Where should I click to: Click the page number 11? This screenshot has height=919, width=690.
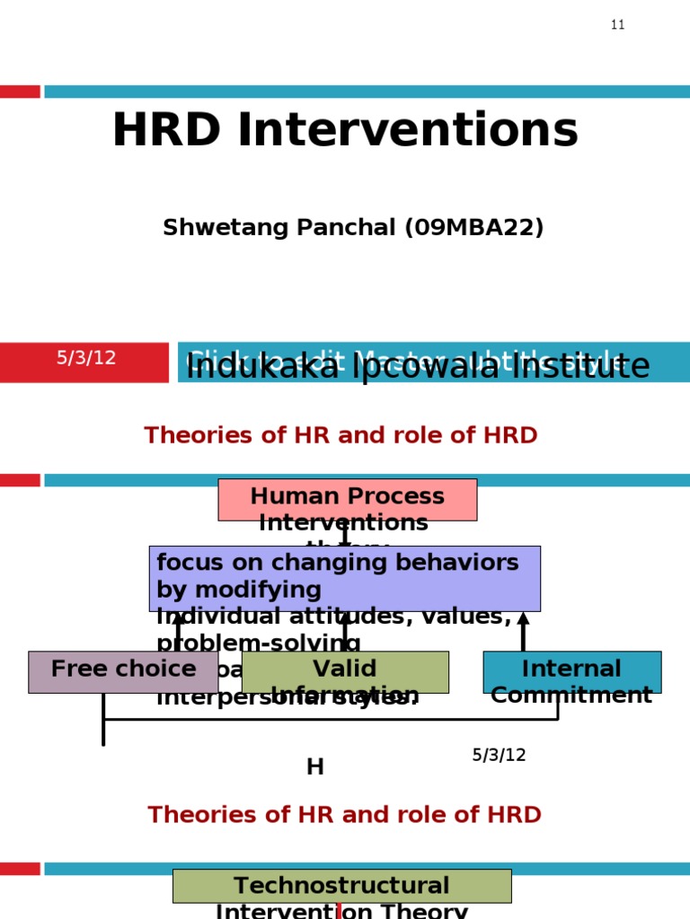pyautogui.click(x=617, y=25)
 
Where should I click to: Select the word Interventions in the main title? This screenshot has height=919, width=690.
pyautogui.click(x=406, y=131)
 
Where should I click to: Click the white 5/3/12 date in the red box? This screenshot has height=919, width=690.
pyautogui.click(x=86, y=358)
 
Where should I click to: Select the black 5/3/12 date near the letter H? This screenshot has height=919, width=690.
pyautogui.click(x=499, y=755)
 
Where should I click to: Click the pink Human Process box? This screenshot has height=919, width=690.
pyautogui.click(x=347, y=499)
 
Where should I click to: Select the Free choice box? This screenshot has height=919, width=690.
pyautogui.click(x=123, y=671)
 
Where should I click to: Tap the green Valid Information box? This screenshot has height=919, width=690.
pyautogui.click(x=345, y=671)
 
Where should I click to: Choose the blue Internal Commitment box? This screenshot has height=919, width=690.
pyautogui.click(x=571, y=671)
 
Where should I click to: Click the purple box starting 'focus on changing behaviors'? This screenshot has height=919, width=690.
pyautogui.click(x=344, y=577)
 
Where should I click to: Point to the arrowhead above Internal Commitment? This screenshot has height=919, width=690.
pyautogui.click(x=523, y=618)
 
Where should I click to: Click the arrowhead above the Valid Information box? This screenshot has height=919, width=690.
pyautogui.click(x=344, y=618)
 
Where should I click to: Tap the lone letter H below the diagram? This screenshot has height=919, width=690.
pyautogui.click(x=314, y=766)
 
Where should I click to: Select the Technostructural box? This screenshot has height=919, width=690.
pyautogui.click(x=341, y=886)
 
